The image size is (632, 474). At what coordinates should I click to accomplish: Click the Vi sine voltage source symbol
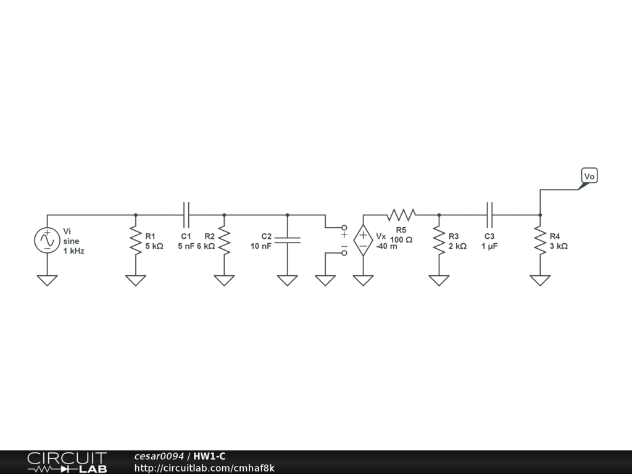(x=47, y=240)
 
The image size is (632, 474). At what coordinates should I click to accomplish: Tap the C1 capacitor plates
(x=186, y=215)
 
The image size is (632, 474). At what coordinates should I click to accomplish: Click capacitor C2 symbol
(x=287, y=240)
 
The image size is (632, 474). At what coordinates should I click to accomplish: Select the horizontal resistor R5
(x=401, y=215)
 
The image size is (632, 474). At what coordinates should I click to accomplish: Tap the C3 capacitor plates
(x=489, y=215)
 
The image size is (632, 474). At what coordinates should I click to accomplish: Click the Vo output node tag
(x=589, y=177)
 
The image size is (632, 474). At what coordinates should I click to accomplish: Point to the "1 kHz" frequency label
(x=73, y=251)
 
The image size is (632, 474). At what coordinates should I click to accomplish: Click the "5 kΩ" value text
(x=154, y=246)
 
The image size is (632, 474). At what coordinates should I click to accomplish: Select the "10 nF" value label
(x=261, y=246)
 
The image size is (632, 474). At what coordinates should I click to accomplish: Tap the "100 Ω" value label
(x=401, y=239)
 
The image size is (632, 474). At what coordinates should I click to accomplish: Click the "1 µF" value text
(x=489, y=246)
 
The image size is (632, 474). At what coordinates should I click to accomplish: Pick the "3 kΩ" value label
(x=559, y=246)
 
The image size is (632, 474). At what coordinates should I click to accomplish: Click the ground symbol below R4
(x=540, y=280)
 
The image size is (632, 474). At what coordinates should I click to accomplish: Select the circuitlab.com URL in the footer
(x=204, y=468)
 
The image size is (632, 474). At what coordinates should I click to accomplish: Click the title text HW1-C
(x=209, y=456)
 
